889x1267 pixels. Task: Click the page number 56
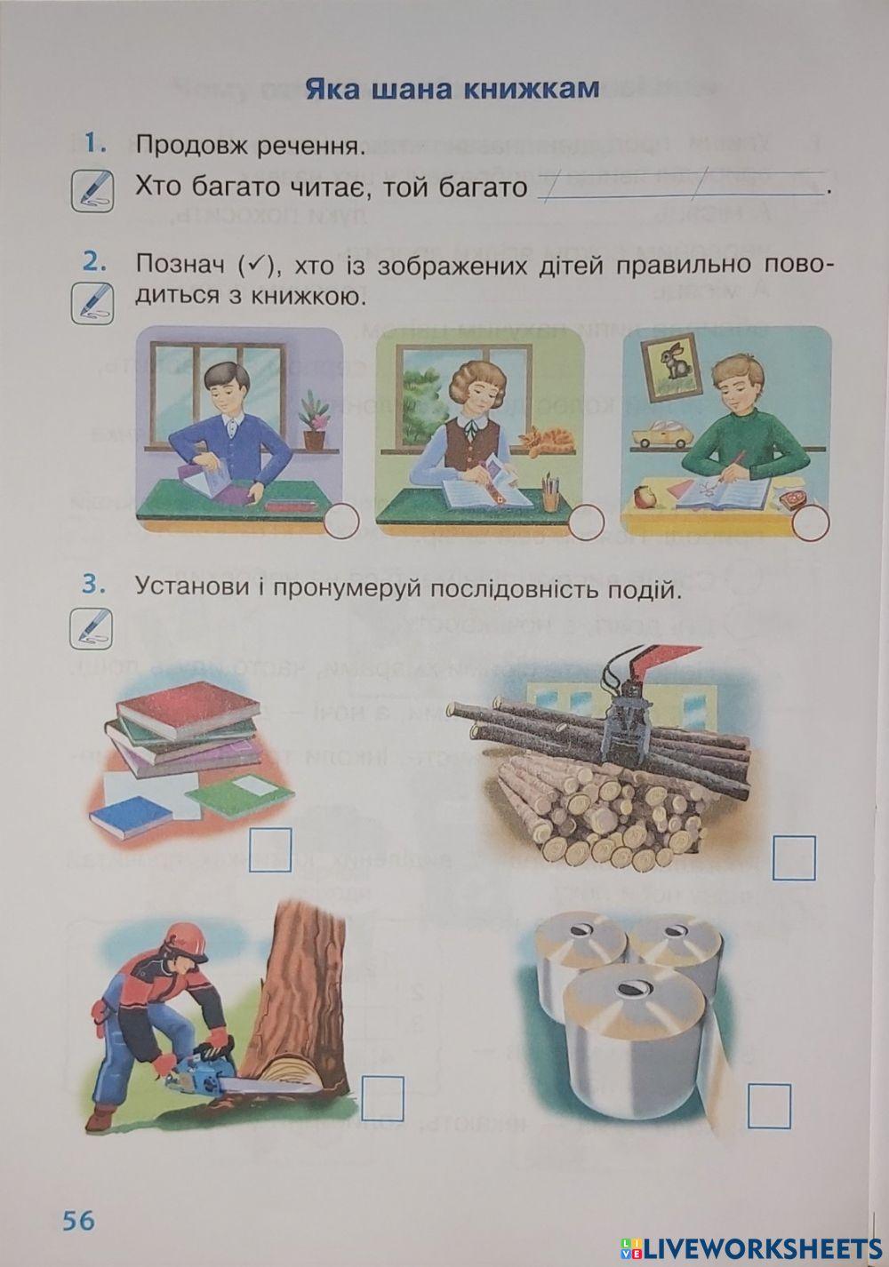(x=77, y=1220)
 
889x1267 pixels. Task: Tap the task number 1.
(x=92, y=142)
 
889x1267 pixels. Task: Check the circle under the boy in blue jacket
(x=341, y=522)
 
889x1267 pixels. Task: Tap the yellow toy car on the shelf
(x=661, y=434)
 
